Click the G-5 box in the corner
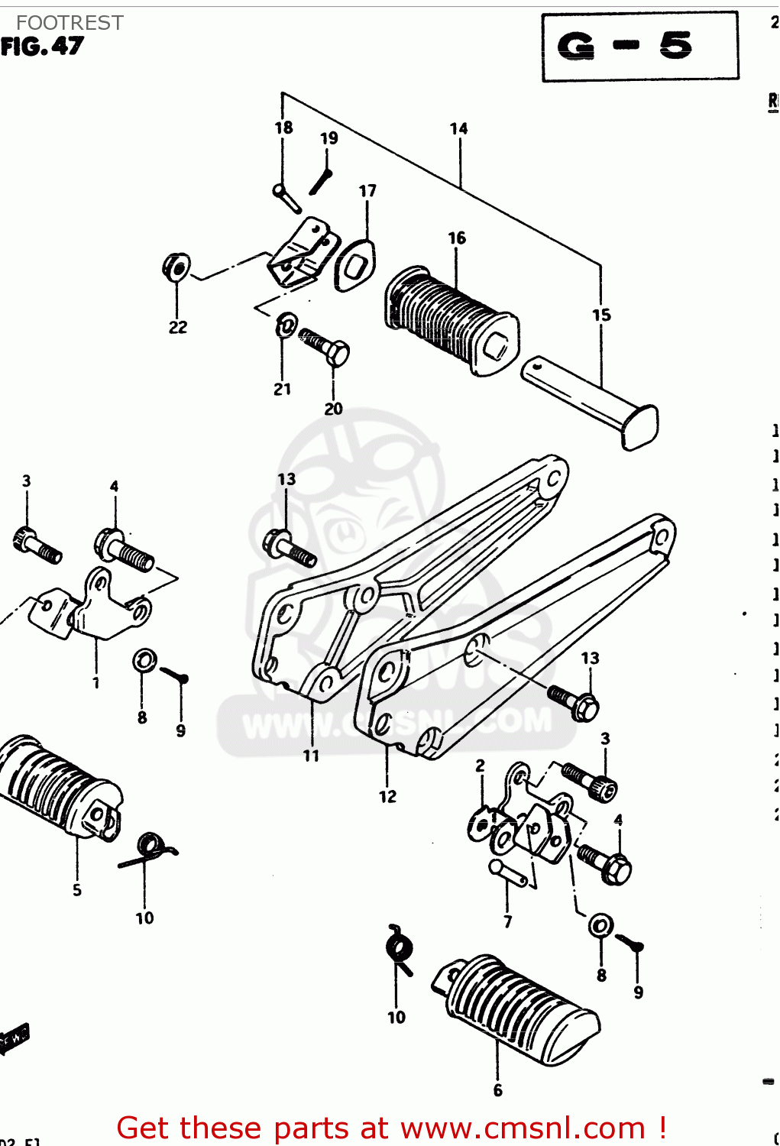point(640,47)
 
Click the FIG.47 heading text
point(42,47)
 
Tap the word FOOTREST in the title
point(70,23)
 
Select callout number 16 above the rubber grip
point(457,238)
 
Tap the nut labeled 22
point(176,267)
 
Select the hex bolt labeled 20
point(326,348)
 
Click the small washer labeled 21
point(286,325)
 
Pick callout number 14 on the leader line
point(458,128)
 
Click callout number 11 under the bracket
point(311,756)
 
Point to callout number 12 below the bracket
point(387,796)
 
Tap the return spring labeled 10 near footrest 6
point(399,951)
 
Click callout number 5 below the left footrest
point(77,890)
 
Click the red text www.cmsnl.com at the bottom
point(523,1128)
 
